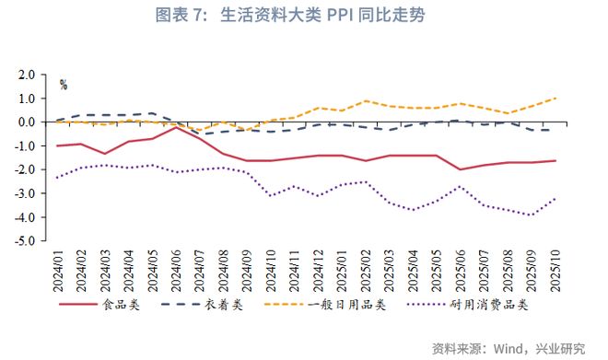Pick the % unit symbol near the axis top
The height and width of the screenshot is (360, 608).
coord(64,85)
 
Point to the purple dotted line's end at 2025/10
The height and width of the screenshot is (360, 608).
coord(554,198)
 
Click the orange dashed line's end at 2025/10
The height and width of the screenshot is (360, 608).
coord(554,99)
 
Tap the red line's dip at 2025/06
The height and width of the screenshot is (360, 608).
coord(460,169)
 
